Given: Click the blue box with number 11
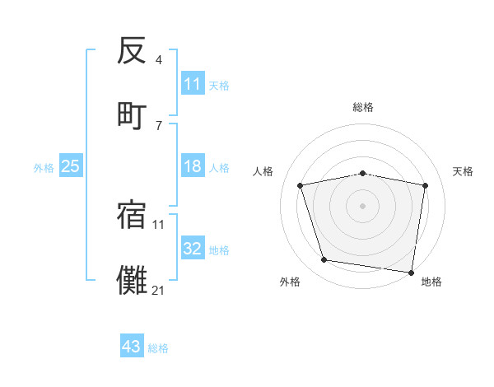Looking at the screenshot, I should click(192, 84).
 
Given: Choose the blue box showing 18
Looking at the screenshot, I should click(192, 166).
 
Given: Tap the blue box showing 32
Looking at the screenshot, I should click(192, 249).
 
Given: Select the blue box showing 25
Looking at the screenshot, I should click(71, 166).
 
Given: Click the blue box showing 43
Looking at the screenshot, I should click(131, 347).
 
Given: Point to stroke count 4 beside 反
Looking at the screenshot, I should click(159, 60).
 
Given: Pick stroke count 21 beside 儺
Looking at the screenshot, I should click(159, 289).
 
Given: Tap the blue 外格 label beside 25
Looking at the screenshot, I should click(44, 167).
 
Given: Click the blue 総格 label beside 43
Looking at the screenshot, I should click(158, 348).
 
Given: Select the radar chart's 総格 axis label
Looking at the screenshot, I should click(362, 108).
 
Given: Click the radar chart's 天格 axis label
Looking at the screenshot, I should click(464, 171).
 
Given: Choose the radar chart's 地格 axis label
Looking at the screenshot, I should click(431, 282).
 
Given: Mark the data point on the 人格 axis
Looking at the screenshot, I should click(301, 185).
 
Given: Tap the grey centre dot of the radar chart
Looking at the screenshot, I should click(362, 206).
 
